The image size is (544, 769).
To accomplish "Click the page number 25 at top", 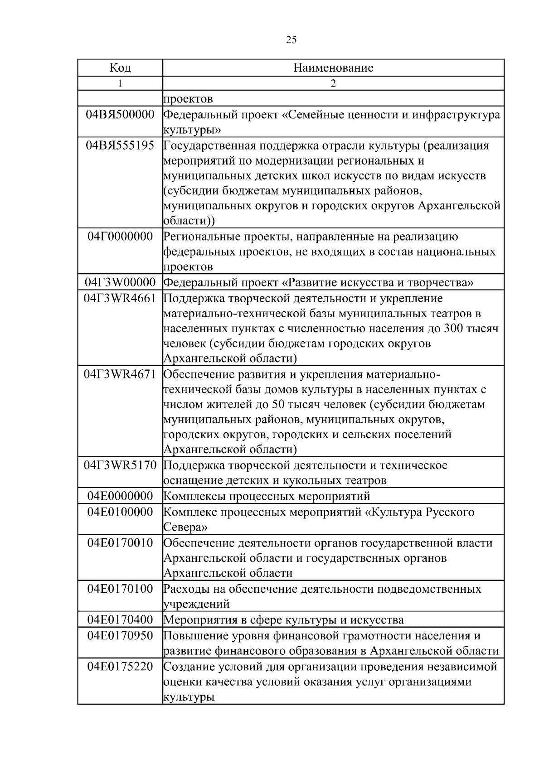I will pos(291,40).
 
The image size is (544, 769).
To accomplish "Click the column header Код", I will pos(120,68).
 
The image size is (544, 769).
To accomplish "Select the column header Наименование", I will pos(333,68).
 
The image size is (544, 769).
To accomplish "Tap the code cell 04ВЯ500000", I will pos(120,115).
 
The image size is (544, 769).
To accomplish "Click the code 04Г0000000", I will pos(120,237).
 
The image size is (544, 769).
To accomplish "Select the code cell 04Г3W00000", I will pos(120,283).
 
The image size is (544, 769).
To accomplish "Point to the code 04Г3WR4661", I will pos(120,298).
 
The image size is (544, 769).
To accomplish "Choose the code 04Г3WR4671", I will pos(120,374).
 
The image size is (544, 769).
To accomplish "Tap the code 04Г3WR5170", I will pos(120,465).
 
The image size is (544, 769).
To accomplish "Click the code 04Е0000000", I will pos(120,496).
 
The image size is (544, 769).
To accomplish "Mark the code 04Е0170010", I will pos(120,542).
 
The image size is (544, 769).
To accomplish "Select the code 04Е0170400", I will pos(120,619).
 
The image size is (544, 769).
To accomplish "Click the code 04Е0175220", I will pos(120,667).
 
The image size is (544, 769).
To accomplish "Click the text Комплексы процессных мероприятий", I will pos(267,496).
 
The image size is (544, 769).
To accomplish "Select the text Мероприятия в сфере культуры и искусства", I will pos(283,619).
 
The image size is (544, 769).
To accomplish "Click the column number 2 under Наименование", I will pos(333,83).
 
